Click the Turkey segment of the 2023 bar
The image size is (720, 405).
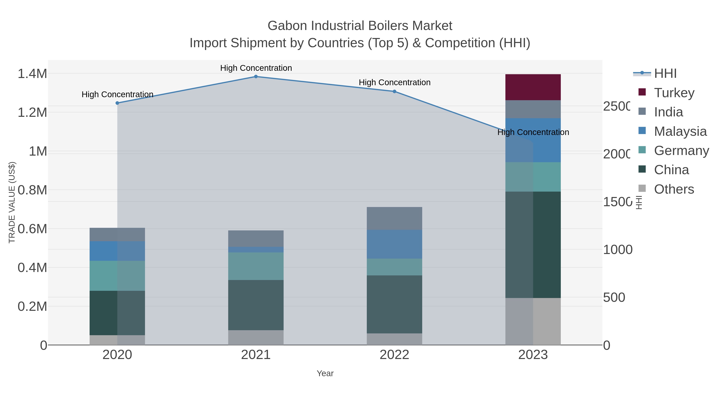tap(533, 87)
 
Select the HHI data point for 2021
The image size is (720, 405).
tap(256, 77)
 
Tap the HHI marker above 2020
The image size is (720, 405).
tap(117, 103)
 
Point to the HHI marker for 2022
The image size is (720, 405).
tap(394, 91)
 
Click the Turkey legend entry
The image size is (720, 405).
tap(674, 93)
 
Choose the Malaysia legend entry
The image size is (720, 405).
tap(680, 131)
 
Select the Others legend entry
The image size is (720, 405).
tap(674, 189)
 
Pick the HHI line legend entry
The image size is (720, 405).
tap(665, 74)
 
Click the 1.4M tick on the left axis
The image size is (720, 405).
tap(32, 74)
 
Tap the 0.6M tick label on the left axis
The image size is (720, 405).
tap(32, 229)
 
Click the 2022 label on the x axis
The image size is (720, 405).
tap(394, 355)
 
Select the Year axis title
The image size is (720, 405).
tap(325, 373)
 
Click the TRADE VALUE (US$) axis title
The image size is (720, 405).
tap(12, 202)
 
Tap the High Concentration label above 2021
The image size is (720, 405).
tap(256, 68)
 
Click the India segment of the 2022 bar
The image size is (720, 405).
tap(394, 219)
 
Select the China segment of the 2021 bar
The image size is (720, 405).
tap(256, 305)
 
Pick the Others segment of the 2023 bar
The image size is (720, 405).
tap(533, 321)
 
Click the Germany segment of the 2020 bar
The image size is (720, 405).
tap(117, 276)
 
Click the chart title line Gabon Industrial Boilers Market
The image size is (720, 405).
tap(360, 26)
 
